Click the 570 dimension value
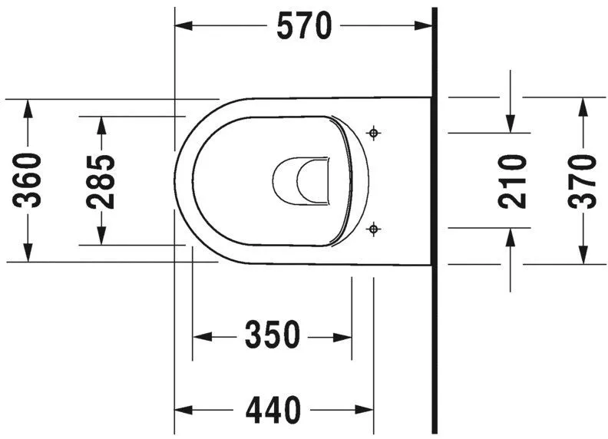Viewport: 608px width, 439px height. coord(304,26)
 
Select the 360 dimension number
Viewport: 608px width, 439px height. coord(29,181)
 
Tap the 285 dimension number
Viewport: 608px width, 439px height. coord(101,181)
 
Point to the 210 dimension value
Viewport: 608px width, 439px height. coord(512,181)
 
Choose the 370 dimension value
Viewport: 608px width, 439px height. coord(583,181)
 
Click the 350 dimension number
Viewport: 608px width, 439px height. coord(271,335)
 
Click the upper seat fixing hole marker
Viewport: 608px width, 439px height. coord(374,134)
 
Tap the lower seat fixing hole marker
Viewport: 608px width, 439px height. coord(374,228)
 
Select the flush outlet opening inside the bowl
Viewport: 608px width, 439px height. coord(303,182)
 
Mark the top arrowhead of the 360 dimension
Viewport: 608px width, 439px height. coord(29,107)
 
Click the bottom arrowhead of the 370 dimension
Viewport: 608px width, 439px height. coord(583,255)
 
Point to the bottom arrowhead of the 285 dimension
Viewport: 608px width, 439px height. coord(101,236)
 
